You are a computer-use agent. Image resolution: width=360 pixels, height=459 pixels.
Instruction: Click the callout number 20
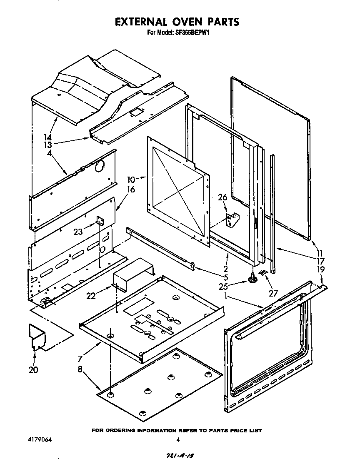pos(33,369)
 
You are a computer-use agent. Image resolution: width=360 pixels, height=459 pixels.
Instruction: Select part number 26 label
pos(222,197)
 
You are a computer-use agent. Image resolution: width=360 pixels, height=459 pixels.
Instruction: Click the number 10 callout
pos(131,180)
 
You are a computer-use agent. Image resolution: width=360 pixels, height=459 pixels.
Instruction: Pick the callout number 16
pos(131,190)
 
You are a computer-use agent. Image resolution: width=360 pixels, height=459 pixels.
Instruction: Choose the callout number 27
pos(273,293)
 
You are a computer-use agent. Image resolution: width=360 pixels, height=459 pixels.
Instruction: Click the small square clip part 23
pos(100,220)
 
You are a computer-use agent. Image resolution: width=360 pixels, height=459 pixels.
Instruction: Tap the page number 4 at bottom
pos(178,440)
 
